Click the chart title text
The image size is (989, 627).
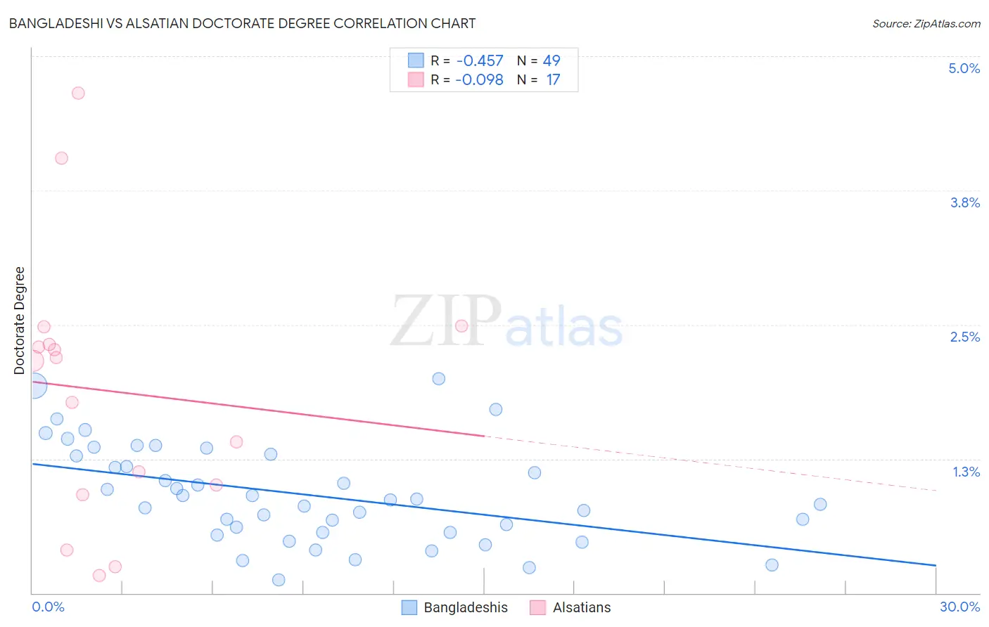(242, 23)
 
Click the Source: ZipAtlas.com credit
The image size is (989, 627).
(926, 23)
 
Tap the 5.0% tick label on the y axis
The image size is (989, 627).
(964, 68)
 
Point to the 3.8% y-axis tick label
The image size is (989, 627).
(964, 202)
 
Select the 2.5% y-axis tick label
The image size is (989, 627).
(964, 337)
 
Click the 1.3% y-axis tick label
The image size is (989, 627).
(966, 472)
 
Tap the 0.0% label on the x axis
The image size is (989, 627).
(48, 607)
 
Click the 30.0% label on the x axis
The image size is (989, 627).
(959, 607)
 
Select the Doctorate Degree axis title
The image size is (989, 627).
(19, 321)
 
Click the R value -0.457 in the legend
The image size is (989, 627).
(480, 60)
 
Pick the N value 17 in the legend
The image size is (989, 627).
(553, 79)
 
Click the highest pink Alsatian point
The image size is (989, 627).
(78, 93)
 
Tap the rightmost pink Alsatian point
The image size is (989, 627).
(461, 325)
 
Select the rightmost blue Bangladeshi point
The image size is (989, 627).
(820, 504)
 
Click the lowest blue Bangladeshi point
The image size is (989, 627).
(279, 580)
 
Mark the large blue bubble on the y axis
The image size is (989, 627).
(34, 385)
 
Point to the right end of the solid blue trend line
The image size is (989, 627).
(936, 565)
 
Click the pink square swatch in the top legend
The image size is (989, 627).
(416, 79)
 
